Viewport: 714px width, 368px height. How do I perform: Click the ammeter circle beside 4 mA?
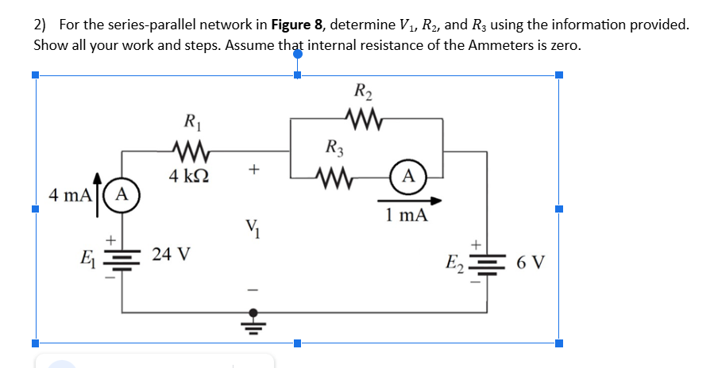coord(122,193)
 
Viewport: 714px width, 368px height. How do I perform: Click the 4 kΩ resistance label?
coord(191,174)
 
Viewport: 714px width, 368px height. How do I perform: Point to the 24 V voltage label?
coord(172,255)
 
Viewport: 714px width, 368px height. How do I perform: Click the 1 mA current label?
coord(406,215)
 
